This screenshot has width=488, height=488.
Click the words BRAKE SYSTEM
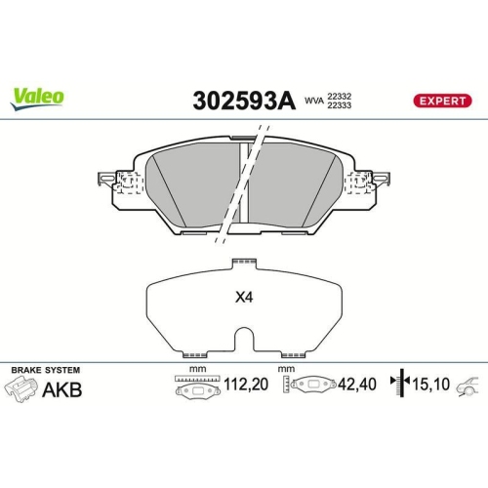click(x=45, y=371)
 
